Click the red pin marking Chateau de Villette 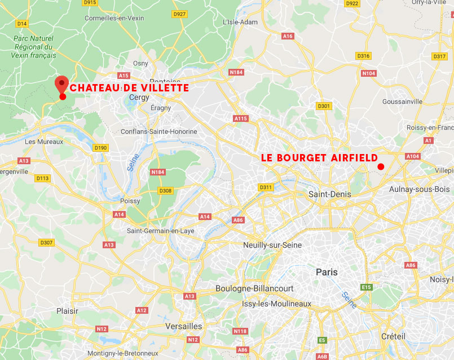tap(61, 85)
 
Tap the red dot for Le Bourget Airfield tap(381, 166)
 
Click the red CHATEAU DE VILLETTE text tap(129, 88)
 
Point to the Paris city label tap(327, 272)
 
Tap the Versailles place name tap(184, 326)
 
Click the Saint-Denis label tap(329, 194)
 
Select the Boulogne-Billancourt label tap(254, 288)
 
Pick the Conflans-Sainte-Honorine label tap(159, 131)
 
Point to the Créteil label tap(393, 336)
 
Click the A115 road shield tap(241, 118)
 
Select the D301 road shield tap(324, 106)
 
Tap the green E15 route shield tap(367, 287)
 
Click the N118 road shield tap(241, 331)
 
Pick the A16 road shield tap(288, 36)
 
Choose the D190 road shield tap(100, 148)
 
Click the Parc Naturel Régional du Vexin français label tap(33, 47)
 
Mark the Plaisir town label tap(67, 311)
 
